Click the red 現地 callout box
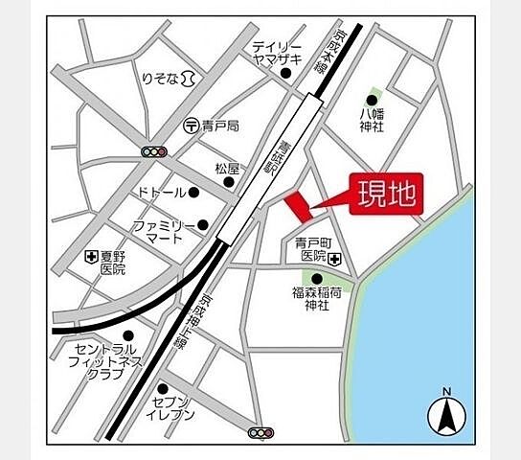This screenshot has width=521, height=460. point(387,195)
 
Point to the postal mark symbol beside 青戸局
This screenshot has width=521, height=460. point(191,126)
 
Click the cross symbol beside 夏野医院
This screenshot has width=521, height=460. point(91,257)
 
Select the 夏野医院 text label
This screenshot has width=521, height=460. point(114,264)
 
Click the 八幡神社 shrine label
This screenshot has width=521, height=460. point(372,120)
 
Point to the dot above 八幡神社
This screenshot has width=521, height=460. point(373,98)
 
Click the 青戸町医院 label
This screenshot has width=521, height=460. point(310,250)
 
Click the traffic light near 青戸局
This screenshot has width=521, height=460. point(153,151)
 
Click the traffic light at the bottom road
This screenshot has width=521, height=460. point(260,433)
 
